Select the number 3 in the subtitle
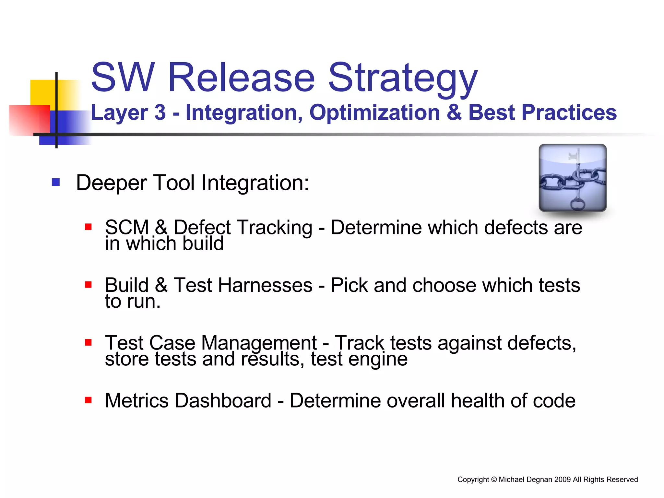tap(160, 113)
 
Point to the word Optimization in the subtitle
tap(374, 113)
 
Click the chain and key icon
tap(573, 178)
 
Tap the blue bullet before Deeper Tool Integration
tap(56, 182)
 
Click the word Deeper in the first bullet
tap(112, 183)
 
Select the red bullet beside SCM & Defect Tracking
tap(88, 227)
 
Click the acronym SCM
tap(127, 227)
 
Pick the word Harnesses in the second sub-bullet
tap(265, 285)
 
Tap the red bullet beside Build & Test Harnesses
tap(88, 285)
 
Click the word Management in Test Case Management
tap(259, 343)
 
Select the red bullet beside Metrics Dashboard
tap(88, 400)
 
